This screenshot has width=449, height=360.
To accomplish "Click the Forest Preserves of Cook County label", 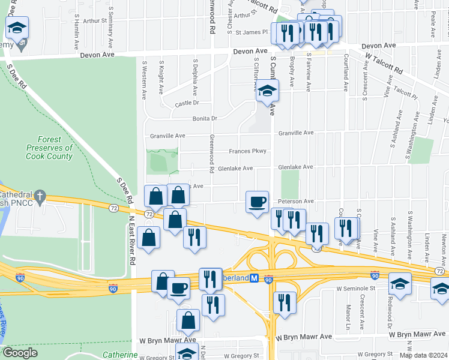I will click(49, 148).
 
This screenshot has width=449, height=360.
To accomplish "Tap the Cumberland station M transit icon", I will click(254, 278).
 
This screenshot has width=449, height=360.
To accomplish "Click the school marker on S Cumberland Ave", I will click(268, 92).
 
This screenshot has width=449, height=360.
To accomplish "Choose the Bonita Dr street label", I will click(205, 119).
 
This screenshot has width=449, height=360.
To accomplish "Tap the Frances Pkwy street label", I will click(247, 151).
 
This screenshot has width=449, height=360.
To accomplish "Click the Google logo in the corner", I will click(20, 353).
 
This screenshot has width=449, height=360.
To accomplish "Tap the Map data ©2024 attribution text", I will click(423, 355).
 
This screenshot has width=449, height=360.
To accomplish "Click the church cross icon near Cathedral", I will click(40, 196).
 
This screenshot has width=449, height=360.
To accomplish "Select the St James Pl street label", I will click(253, 32).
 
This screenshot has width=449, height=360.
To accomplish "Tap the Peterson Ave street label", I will click(295, 201).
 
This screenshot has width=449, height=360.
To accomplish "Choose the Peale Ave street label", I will click(433, 24).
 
